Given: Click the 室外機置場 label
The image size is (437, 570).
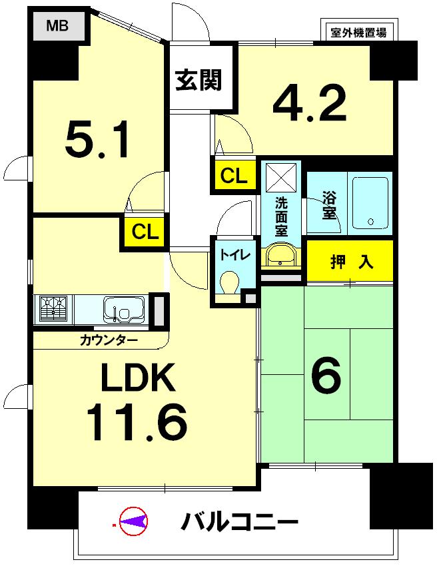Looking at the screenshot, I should click(x=358, y=31).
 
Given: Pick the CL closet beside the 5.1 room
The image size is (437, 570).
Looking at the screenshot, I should click(x=145, y=232).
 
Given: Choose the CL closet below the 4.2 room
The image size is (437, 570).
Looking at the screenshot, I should click(x=234, y=176).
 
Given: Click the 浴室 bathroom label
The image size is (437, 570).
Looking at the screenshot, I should click(x=328, y=205).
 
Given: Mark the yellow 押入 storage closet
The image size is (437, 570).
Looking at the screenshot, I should click(x=350, y=262).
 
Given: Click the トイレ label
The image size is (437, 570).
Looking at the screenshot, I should click(x=232, y=254).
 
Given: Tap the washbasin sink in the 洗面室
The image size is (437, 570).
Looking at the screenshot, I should click(x=282, y=255).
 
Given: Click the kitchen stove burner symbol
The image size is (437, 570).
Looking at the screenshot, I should click(x=54, y=310).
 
